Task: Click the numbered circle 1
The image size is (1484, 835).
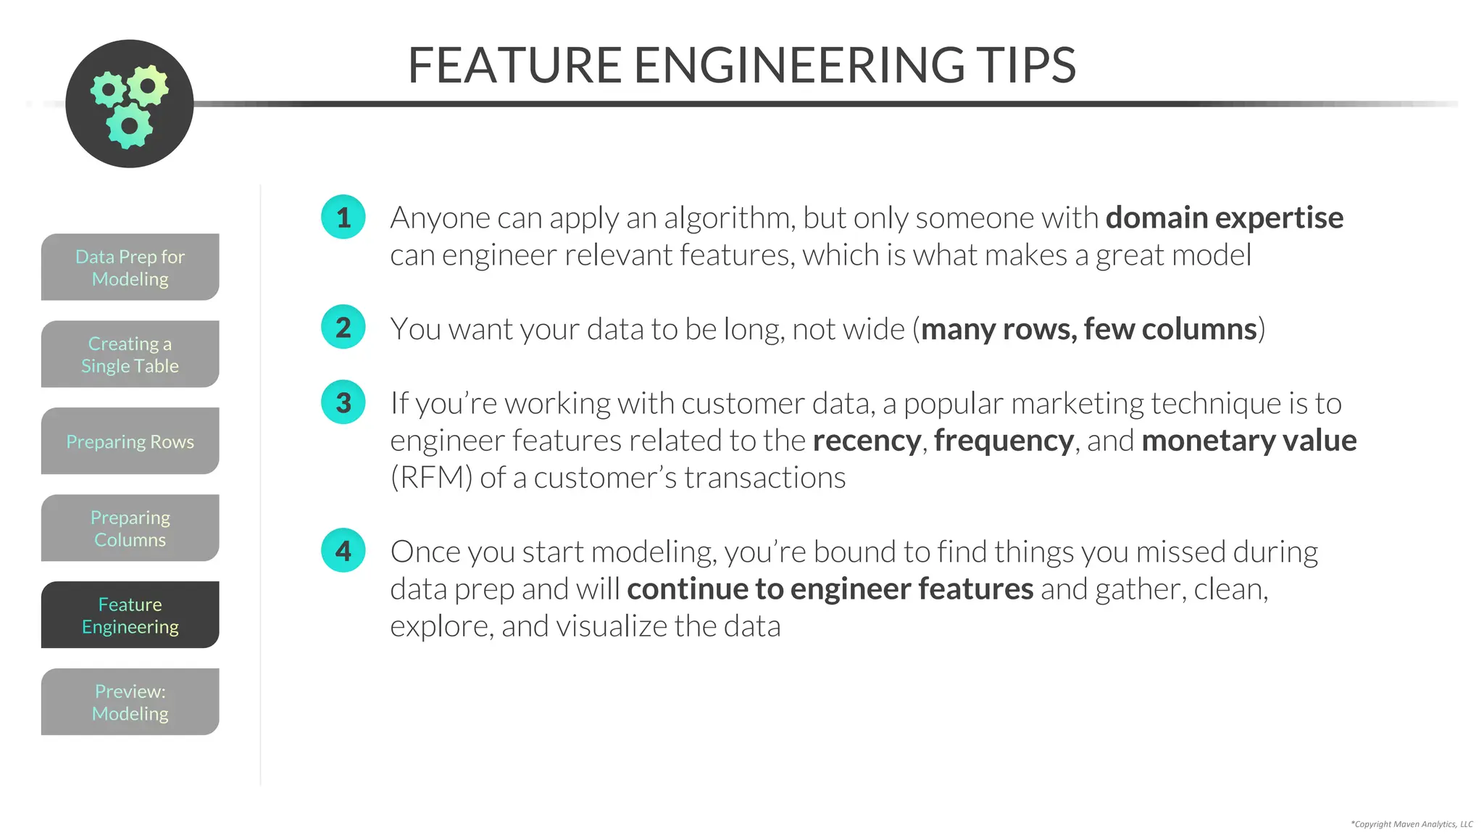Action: click(x=343, y=217)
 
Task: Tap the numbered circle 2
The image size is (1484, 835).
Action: click(x=343, y=327)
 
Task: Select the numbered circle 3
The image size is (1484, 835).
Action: click(x=343, y=402)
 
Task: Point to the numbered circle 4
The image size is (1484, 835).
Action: click(x=343, y=550)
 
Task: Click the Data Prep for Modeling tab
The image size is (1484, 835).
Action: click(x=130, y=267)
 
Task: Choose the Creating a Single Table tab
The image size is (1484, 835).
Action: click(x=130, y=354)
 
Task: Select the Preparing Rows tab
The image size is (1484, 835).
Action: click(x=130, y=441)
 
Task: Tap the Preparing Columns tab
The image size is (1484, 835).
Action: click(x=130, y=528)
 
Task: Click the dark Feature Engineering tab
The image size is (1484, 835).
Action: click(x=130, y=615)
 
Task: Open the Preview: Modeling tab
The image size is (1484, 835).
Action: click(x=130, y=702)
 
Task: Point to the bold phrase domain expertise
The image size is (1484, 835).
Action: click(x=1224, y=217)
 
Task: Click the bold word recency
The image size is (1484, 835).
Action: click(x=866, y=441)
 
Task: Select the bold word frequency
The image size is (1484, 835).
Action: click(x=1004, y=441)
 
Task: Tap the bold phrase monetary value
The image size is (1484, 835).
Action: click(x=1249, y=441)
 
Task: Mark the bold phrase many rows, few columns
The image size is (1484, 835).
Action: click(x=1088, y=329)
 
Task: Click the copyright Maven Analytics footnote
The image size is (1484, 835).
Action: click(x=1412, y=824)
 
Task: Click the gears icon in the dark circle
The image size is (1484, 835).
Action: click(x=130, y=104)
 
